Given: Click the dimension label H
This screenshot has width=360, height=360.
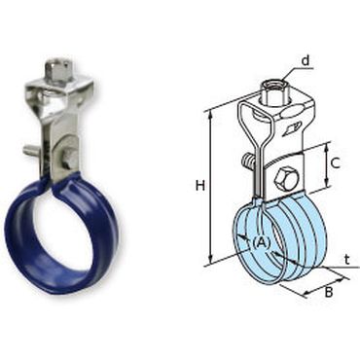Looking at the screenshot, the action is tap(200, 186).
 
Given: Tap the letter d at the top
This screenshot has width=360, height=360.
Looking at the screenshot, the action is tap(306, 60).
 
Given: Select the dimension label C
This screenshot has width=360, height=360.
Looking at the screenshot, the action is tap(335, 162).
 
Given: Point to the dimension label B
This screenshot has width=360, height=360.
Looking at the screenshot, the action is tap(329, 292).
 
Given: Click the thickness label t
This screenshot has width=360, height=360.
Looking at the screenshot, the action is tap(347, 260).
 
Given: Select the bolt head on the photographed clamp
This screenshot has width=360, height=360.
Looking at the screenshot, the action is tap(67, 159).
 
